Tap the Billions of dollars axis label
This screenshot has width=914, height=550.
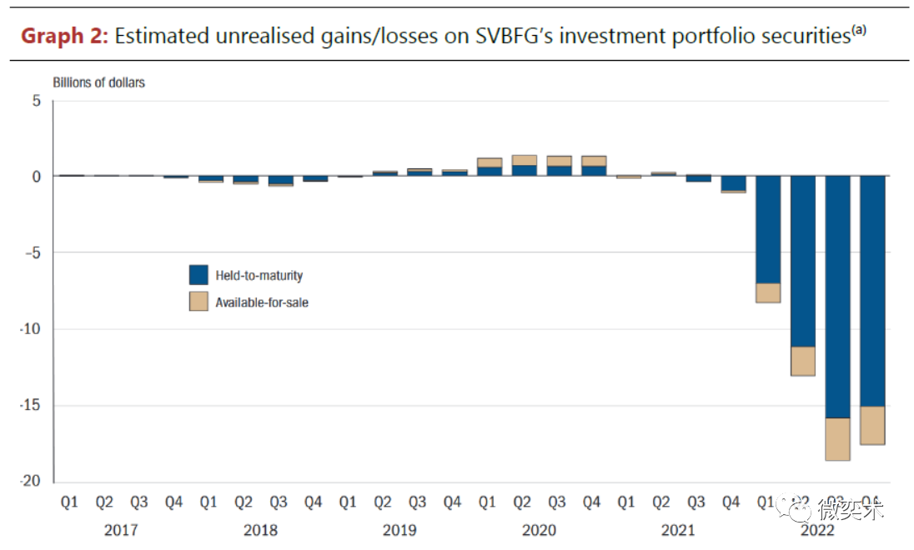click(x=98, y=82)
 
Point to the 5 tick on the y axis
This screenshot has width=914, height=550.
click(x=36, y=100)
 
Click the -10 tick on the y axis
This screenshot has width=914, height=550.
click(x=31, y=329)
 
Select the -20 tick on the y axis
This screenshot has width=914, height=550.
click(x=31, y=482)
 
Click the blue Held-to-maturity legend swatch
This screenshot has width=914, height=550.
click(x=198, y=275)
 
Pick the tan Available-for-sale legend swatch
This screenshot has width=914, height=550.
click(x=198, y=302)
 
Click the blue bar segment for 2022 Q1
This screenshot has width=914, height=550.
click(x=767, y=229)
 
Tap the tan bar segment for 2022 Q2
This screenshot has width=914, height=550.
click(x=802, y=361)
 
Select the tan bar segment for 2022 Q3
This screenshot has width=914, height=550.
click(x=837, y=439)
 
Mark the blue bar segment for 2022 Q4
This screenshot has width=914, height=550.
click(x=872, y=291)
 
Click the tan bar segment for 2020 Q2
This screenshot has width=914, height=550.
click(x=524, y=160)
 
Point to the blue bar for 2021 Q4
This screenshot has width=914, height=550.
click(x=733, y=183)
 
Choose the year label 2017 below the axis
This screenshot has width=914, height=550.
click(x=122, y=530)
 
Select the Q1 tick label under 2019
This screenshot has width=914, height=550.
click(x=349, y=502)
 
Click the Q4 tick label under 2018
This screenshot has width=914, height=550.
click(x=314, y=502)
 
